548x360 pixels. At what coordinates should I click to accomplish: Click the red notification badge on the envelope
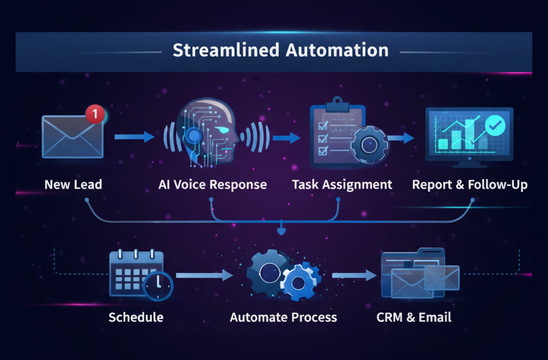pyautogui.click(x=95, y=113)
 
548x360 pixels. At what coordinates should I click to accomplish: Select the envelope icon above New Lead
pyautogui.click(x=72, y=137)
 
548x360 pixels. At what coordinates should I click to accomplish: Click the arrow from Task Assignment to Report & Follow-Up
pyautogui.click(x=401, y=137)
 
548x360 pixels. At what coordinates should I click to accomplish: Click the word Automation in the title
pyautogui.click(x=337, y=51)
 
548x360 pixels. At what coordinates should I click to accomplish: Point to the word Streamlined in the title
pyautogui.click(x=225, y=51)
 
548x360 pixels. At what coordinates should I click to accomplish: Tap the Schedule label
pyautogui.click(x=136, y=317)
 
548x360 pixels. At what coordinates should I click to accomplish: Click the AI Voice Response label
pyautogui.click(x=212, y=185)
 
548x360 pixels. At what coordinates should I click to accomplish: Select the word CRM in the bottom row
pyautogui.click(x=389, y=317)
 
